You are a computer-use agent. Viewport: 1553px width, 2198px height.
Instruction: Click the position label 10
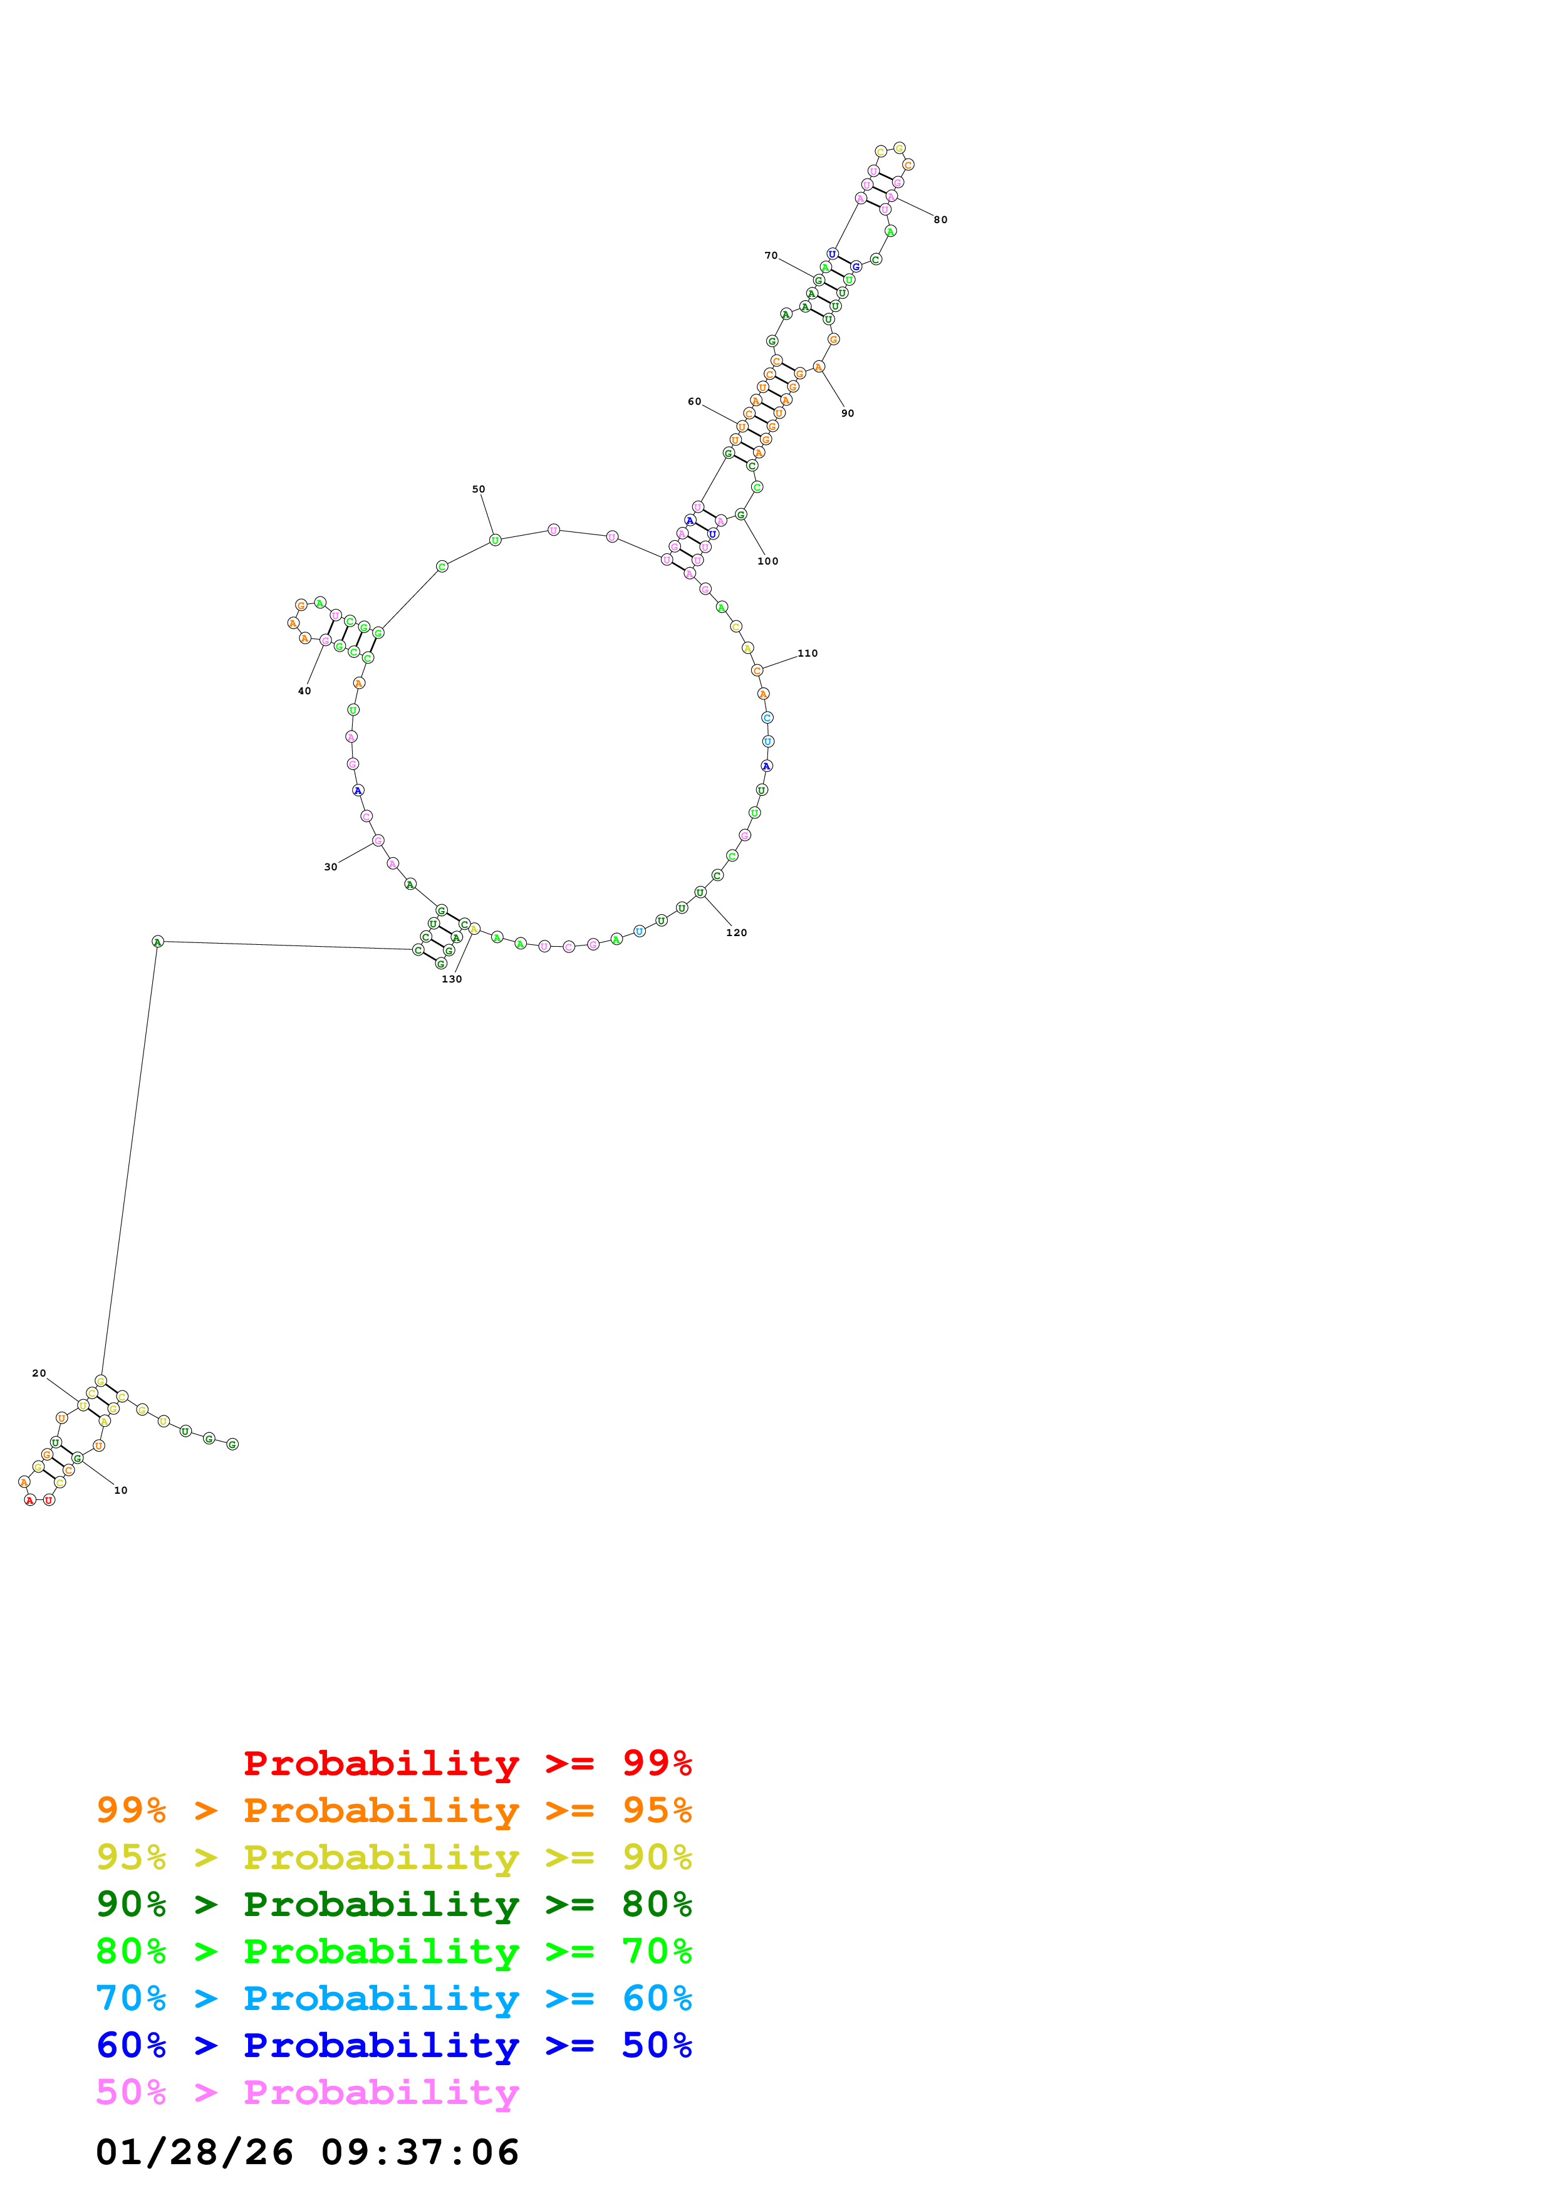pyautogui.click(x=120, y=1491)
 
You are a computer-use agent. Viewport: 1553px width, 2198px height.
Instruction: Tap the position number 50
pyautogui.click(x=479, y=489)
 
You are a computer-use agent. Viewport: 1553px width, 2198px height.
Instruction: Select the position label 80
pyautogui.click(x=940, y=220)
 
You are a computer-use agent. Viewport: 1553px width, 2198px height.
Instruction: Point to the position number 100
pyautogui.click(x=767, y=561)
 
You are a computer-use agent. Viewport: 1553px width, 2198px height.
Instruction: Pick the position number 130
pyautogui.click(x=452, y=979)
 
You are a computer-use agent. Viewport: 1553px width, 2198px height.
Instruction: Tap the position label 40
pyautogui.click(x=304, y=690)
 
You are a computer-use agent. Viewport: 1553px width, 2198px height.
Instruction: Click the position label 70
pyautogui.click(x=771, y=256)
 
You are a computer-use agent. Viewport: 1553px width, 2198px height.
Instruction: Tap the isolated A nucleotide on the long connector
pyautogui.click(x=158, y=941)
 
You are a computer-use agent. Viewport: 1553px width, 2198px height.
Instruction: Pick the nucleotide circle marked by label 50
pyautogui.click(x=495, y=540)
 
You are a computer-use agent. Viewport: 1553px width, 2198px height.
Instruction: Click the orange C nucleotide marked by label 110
pyautogui.click(x=757, y=670)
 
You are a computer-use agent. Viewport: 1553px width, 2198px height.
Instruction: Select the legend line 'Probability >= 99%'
pyautogui.click(x=467, y=1763)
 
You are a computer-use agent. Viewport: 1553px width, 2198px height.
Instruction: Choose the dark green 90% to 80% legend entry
pyautogui.click(x=393, y=1904)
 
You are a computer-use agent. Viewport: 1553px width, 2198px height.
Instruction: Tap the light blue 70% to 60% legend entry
pyautogui.click(x=393, y=1998)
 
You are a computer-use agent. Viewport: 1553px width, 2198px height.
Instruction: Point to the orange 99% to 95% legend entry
pyautogui.click(x=393, y=1810)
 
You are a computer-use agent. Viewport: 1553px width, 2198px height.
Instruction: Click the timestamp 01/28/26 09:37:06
pyautogui.click(x=307, y=2152)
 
